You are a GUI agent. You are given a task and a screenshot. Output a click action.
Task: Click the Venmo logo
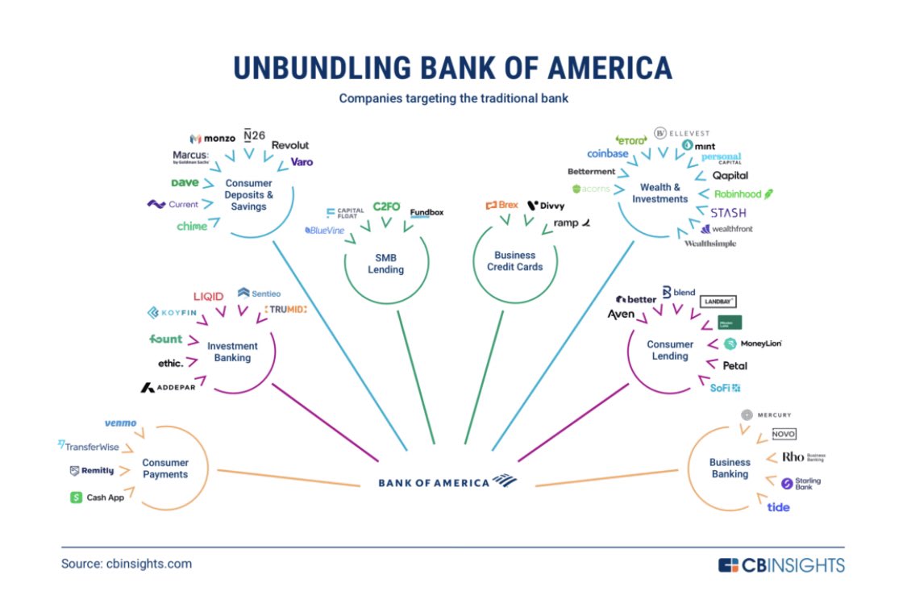pyautogui.click(x=120, y=423)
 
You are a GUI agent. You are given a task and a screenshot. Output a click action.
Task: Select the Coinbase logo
pyautogui.click(x=607, y=154)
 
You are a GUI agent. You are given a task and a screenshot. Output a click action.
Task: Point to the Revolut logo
pyautogui.click(x=289, y=145)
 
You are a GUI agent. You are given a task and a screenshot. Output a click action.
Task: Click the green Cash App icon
pyautogui.click(x=77, y=498)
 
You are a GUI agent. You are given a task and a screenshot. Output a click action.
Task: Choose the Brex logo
pyautogui.click(x=501, y=206)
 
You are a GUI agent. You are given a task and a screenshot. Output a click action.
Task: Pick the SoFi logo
pyautogui.click(x=725, y=388)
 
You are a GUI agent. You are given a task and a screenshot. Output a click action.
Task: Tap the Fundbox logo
pyautogui.click(x=426, y=213)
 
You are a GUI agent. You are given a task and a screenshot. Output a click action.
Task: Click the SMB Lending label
pyautogui.click(x=385, y=264)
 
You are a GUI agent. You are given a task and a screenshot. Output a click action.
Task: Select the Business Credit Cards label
pyautogui.click(x=514, y=261)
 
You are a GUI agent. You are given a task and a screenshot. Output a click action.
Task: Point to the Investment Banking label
pyautogui.click(x=232, y=352)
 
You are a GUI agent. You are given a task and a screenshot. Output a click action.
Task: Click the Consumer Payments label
pyautogui.click(x=165, y=468)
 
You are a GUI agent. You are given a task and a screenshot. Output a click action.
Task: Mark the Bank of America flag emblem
pyautogui.click(x=505, y=481)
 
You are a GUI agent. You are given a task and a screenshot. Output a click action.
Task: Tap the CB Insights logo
pyautogui.click(x=781, y=565)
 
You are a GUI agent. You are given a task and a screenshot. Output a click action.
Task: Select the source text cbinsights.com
pyautogui.click(x=127, y=564)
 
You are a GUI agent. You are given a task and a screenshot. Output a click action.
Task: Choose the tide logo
pyautogui.click(x=778, y=507)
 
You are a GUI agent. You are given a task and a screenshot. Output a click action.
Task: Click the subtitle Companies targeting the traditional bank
pyautogui.click(x=452, y=98)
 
